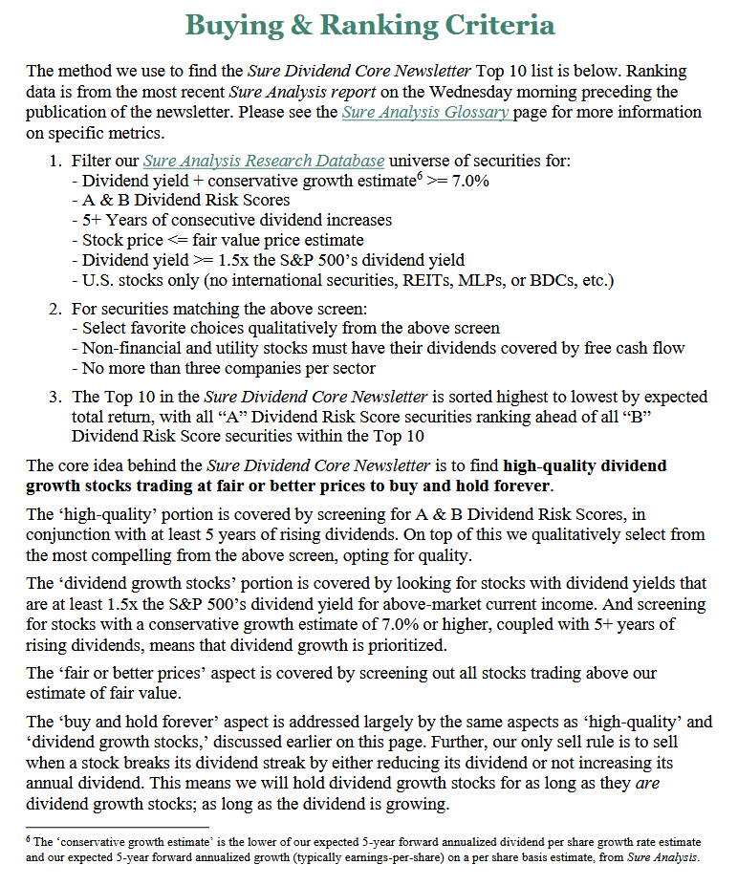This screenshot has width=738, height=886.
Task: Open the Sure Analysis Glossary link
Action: (425, 112)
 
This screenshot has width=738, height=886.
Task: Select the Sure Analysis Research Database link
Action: (264, 161)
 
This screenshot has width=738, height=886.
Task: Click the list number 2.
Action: (54, 309)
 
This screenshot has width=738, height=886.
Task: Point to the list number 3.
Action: (54, 397)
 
